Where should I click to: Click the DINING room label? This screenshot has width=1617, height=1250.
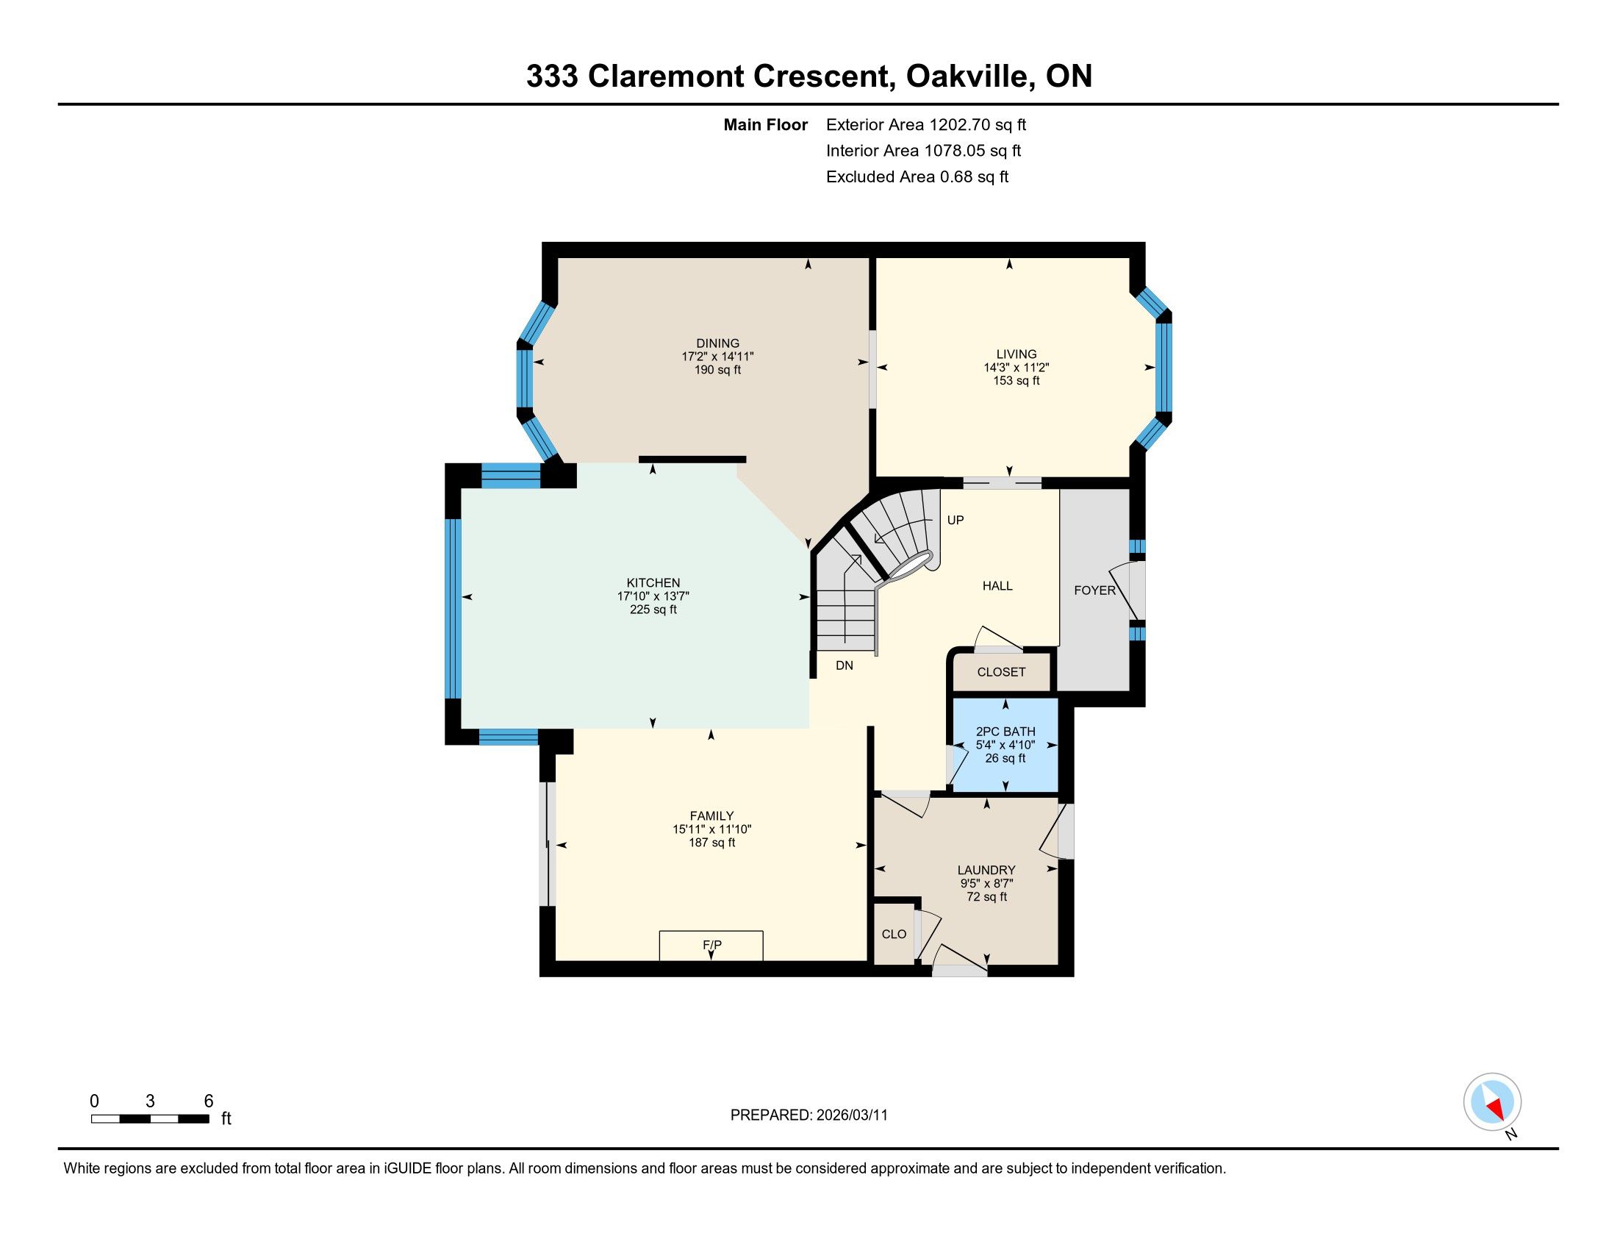[717, 343]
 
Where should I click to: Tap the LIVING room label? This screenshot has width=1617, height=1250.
[1016, 354]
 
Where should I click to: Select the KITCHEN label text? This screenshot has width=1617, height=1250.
[653, 583]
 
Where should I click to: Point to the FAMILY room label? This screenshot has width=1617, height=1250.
[711, 816]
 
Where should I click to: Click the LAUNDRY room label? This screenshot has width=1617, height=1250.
[986, 870]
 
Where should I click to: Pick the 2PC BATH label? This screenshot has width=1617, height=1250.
[1005, 732]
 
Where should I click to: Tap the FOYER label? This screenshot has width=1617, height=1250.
[1094, 590]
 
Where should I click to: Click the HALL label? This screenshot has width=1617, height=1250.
[997, 586]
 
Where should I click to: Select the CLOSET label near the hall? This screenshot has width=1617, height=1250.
[1001, 671]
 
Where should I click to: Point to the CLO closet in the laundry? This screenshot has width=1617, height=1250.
[894, 934]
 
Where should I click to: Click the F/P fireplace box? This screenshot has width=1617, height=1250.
[711, 946]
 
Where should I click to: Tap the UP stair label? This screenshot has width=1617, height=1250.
[955, 520]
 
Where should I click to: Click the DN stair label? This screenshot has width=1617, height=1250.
[844, 665]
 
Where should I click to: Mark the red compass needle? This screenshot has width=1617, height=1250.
[1496, 1109]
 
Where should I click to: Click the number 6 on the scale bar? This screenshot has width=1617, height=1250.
[209, 1101]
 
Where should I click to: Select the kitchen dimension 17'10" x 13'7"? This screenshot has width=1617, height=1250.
[653, 596]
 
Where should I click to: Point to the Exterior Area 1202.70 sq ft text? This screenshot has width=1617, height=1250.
[926, 124]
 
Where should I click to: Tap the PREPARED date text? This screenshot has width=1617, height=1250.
[808, 1115]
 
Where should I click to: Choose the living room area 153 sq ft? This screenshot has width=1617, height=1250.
[1016, 381]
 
